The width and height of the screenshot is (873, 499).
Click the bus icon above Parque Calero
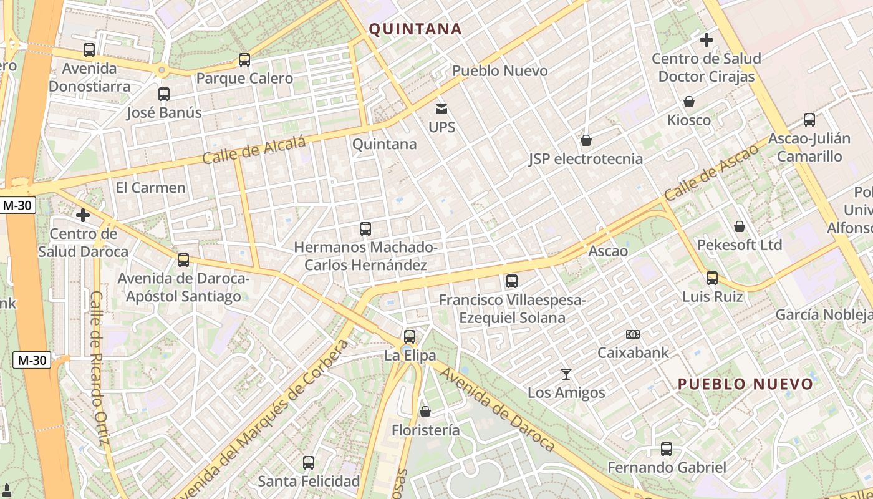(244, 60)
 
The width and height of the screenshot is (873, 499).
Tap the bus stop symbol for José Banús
(164, 94)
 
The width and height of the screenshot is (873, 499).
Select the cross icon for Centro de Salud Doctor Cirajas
(707, 41)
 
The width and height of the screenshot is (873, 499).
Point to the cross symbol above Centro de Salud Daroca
(83, 216)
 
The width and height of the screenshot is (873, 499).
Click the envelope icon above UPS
(441, 109)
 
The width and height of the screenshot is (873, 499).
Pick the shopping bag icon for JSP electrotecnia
(586, 140)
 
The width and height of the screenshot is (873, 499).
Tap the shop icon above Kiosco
(689, 102)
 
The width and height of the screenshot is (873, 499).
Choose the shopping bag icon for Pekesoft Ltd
(740, 226)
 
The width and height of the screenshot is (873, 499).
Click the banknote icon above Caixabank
(633, 334)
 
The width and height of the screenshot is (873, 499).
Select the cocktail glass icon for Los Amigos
(566, 374)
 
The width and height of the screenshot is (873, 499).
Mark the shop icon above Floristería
(425, 412)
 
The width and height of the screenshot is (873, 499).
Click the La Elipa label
(410, 356)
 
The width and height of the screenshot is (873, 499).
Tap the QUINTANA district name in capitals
(415, 29)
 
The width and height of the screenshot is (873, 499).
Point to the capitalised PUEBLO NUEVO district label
(745, 384)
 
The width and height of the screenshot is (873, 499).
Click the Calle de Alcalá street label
(254, 151)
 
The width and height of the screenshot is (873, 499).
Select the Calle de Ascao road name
(711, 172)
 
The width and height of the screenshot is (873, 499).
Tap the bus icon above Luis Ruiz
(712, 278)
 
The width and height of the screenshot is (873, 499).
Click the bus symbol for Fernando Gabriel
(667, 449)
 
